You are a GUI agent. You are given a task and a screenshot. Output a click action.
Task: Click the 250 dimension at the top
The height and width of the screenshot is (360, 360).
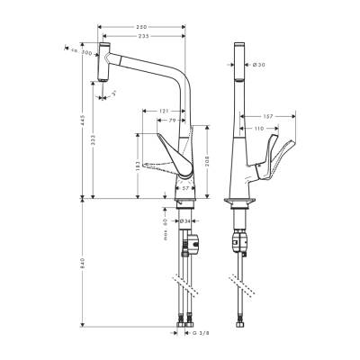(142, 28)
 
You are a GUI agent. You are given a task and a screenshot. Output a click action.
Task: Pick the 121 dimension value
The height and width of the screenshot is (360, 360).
(165, 111)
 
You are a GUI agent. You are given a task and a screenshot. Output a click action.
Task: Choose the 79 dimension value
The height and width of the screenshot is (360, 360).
(171, 121)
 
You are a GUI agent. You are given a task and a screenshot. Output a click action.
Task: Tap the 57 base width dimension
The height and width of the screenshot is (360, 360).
(184, 190)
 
